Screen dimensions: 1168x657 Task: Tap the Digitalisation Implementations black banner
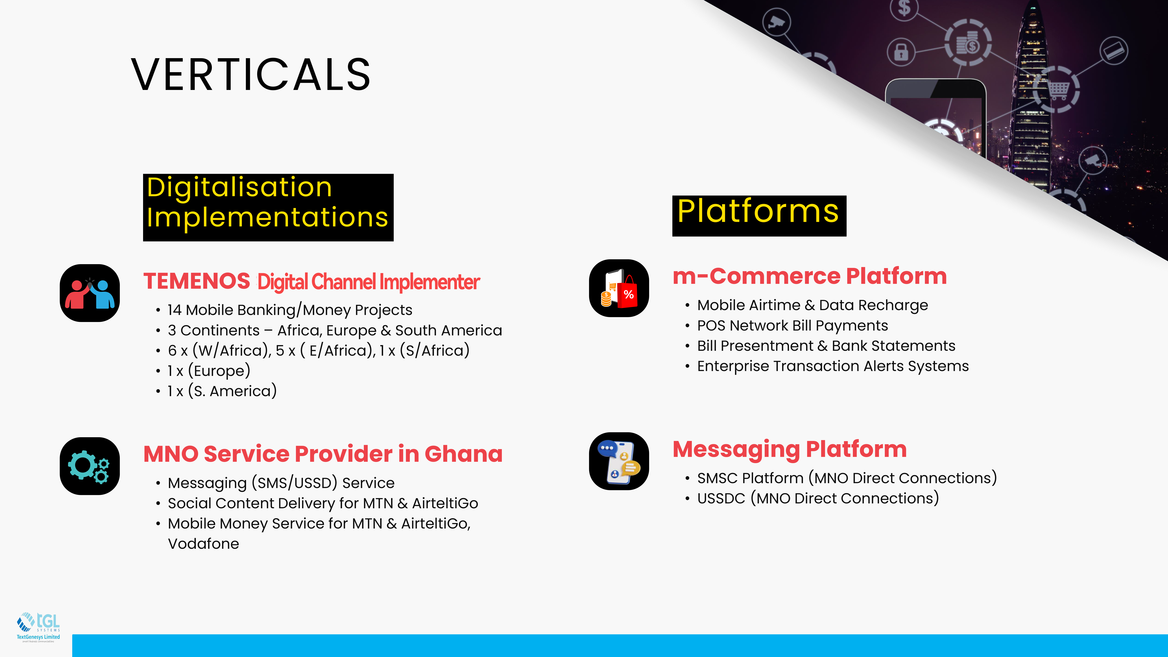(x=268, y=207)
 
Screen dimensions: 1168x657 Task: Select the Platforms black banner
(x=759, y=216)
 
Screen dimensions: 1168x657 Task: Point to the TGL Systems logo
(x=39, y=627)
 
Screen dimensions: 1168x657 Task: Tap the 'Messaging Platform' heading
(x=789, y=449)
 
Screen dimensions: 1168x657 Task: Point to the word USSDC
(x=721, y=498)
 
